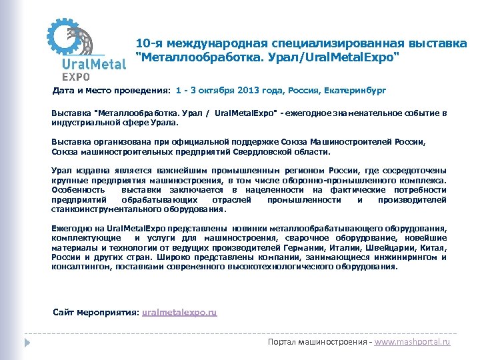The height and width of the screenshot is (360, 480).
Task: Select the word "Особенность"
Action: (78, 189)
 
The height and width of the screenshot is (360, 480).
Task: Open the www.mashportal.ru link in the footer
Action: (413, 341)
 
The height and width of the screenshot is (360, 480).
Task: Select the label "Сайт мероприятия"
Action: (95, 312)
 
